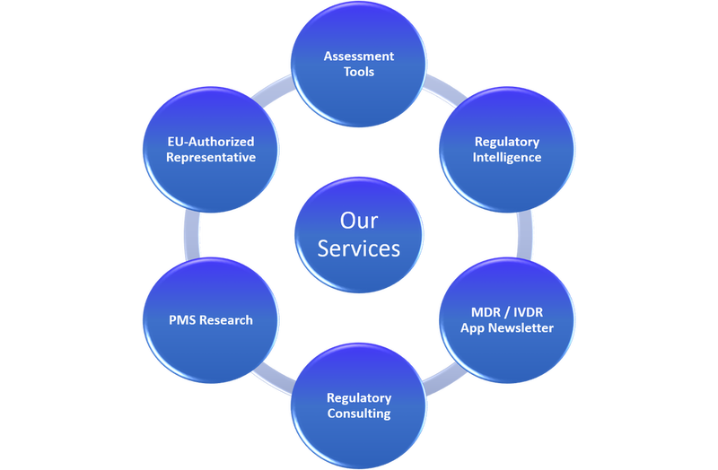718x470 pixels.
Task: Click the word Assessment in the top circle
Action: click(359, 57)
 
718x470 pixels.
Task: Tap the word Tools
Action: click(359, 72)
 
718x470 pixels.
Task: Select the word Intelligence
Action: click(508, 157)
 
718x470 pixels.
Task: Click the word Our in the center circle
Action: click(359, 220)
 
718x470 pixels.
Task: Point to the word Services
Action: click(359, 247)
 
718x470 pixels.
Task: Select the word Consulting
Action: click(359, 413)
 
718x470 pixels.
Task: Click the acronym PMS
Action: click(183, 319)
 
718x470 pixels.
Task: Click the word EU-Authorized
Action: click(210, 142)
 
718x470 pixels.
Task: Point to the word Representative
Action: click(210, 157)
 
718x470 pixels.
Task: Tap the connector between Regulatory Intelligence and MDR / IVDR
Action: click(523, 235)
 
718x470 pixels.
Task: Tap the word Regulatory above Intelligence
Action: click(508, 142)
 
